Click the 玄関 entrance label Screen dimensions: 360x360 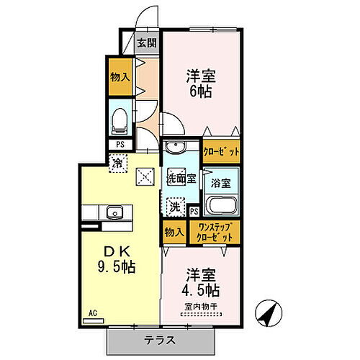145,42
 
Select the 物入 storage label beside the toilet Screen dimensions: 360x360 120,76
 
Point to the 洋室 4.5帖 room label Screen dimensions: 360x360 202,282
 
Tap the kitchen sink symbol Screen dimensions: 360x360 114,212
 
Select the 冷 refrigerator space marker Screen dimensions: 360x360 117,163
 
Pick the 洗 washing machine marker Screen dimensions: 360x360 175,207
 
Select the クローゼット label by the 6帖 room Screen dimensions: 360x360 221,152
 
